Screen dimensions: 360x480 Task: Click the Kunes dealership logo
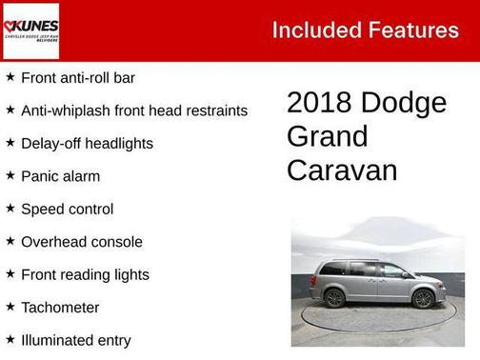tap(30, 30)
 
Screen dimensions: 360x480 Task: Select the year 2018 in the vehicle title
tap(320, 103)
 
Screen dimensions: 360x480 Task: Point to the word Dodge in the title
tap(405, 103)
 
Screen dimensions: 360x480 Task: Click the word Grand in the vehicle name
tap(327, 136)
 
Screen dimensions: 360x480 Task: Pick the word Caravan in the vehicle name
tap(341, 170)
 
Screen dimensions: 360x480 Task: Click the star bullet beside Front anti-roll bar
tap(10, 77)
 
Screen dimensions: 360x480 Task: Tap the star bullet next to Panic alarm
tap(10, 176)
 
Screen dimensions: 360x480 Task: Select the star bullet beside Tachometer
tap(10, 308)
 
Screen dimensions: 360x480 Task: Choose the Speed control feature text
tap(67, 210)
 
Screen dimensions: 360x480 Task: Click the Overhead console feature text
tap(81, 242)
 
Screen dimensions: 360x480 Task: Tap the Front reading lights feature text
tap(85, 275)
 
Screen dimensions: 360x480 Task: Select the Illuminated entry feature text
tap(75, 341)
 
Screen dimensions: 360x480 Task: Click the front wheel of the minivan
tap(424, 299)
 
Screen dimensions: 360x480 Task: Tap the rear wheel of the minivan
tap(335, 299)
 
